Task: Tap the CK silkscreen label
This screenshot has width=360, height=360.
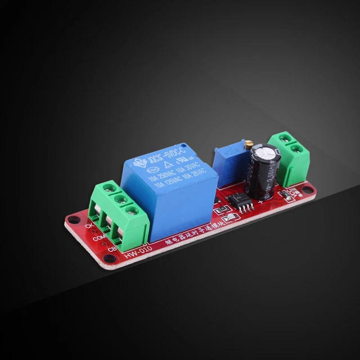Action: [88, 226]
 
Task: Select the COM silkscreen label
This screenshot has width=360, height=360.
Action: [96, 238]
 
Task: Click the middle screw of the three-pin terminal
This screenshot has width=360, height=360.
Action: [120, 200]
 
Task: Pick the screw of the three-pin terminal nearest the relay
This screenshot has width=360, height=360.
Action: [131, 211]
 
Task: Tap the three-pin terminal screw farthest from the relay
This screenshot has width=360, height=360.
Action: [110, 189]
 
